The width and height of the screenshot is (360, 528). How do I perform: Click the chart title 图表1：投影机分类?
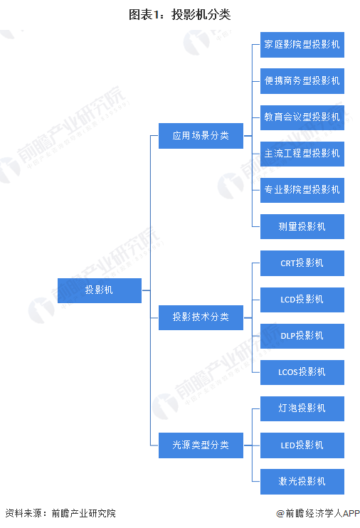(x=179, y=14)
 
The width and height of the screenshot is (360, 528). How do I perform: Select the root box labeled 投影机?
(x=100, y=290)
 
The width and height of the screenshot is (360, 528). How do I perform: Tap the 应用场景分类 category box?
(x=201, y=136)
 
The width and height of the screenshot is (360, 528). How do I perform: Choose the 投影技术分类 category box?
(x=201, y=317)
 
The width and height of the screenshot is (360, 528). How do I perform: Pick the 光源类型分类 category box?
(x=201, y=445)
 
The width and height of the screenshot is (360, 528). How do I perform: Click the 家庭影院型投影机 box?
(x=302, y=45)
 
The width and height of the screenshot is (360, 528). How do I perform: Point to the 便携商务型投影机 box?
(x=302, y=81)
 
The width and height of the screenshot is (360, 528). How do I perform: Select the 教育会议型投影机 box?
(x=302, y=117)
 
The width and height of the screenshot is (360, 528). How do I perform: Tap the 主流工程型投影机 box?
(x=302, y=154)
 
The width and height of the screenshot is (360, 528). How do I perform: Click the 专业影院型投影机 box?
(x=302, y=190)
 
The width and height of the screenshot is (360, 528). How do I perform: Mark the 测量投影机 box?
(x=302, y=226)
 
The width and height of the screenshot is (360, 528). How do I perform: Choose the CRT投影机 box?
(x=302, y=263)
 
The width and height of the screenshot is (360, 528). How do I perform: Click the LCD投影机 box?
(x=302, y=300)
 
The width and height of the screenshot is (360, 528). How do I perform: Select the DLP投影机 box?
(x=302, y=336)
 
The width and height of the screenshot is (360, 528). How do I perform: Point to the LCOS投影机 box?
(x=302, y=372)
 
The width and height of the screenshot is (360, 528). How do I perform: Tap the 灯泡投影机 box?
(x=302, y=408)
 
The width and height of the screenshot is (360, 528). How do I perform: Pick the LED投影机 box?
(x=302, y=445)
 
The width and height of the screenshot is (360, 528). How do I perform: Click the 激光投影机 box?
(x=302, y=482)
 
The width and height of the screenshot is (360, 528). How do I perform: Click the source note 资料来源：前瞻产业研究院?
(x=60, y=513)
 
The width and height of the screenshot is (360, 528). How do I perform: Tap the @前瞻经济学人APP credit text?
(x=318, y=513)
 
